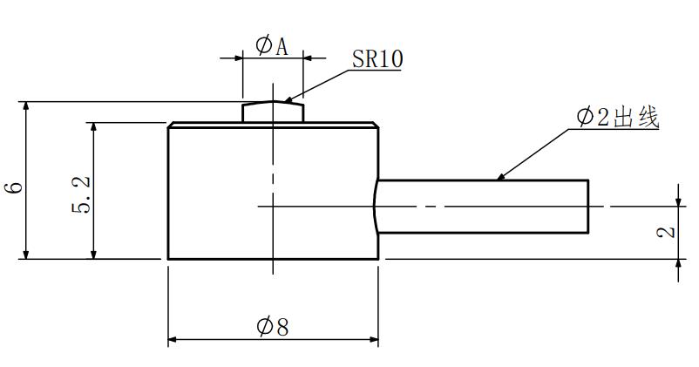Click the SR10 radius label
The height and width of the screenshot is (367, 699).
[377, 59]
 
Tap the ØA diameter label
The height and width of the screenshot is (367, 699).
[272, 46]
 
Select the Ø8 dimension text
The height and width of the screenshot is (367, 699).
[273, 327]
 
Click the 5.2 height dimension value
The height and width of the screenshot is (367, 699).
[81, 194]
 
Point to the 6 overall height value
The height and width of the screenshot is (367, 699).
[14, 187]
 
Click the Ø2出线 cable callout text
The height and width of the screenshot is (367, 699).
[617, 117]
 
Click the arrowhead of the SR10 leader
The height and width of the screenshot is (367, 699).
[288, 100]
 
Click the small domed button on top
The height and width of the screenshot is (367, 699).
[273, 112]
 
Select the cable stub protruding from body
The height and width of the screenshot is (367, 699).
[482, 207]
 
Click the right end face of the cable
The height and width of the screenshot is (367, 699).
[588, 207]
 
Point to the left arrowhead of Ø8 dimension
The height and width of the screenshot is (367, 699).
[173, 339]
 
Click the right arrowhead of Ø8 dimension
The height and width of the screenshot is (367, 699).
[374, 339]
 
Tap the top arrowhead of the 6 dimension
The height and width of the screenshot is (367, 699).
[26, 107]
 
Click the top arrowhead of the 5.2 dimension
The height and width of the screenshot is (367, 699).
[93, 127]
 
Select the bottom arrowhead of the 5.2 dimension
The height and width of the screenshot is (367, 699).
[93, 254]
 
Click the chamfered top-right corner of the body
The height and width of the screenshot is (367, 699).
[376, 125]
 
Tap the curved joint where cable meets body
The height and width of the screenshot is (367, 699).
[376, 207]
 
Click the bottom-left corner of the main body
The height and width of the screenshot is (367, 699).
[168, 259]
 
